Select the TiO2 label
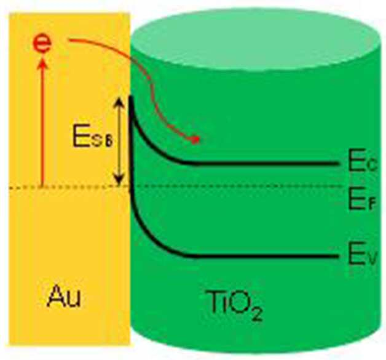pos(234,305)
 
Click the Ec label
pos(363,162)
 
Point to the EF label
pos(362,201)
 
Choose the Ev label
pos(363,256)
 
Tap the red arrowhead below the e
pos(43,62)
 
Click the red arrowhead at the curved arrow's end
pos(195,140)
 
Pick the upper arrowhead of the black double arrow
pos(119,102)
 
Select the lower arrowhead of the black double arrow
pos(119,182)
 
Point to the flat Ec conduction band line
pos(267,163)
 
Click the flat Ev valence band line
pos(267,256)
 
